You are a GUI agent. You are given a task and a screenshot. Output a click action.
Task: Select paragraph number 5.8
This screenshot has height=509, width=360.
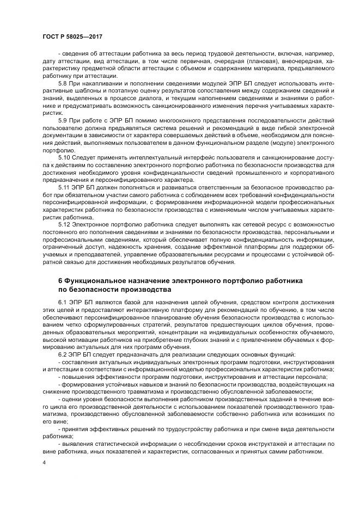(x=63, y=83)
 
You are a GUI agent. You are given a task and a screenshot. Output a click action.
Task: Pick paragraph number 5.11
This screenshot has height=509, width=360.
(x=64, y=186)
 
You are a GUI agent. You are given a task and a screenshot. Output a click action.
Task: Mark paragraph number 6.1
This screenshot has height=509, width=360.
(x=63, y=302)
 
